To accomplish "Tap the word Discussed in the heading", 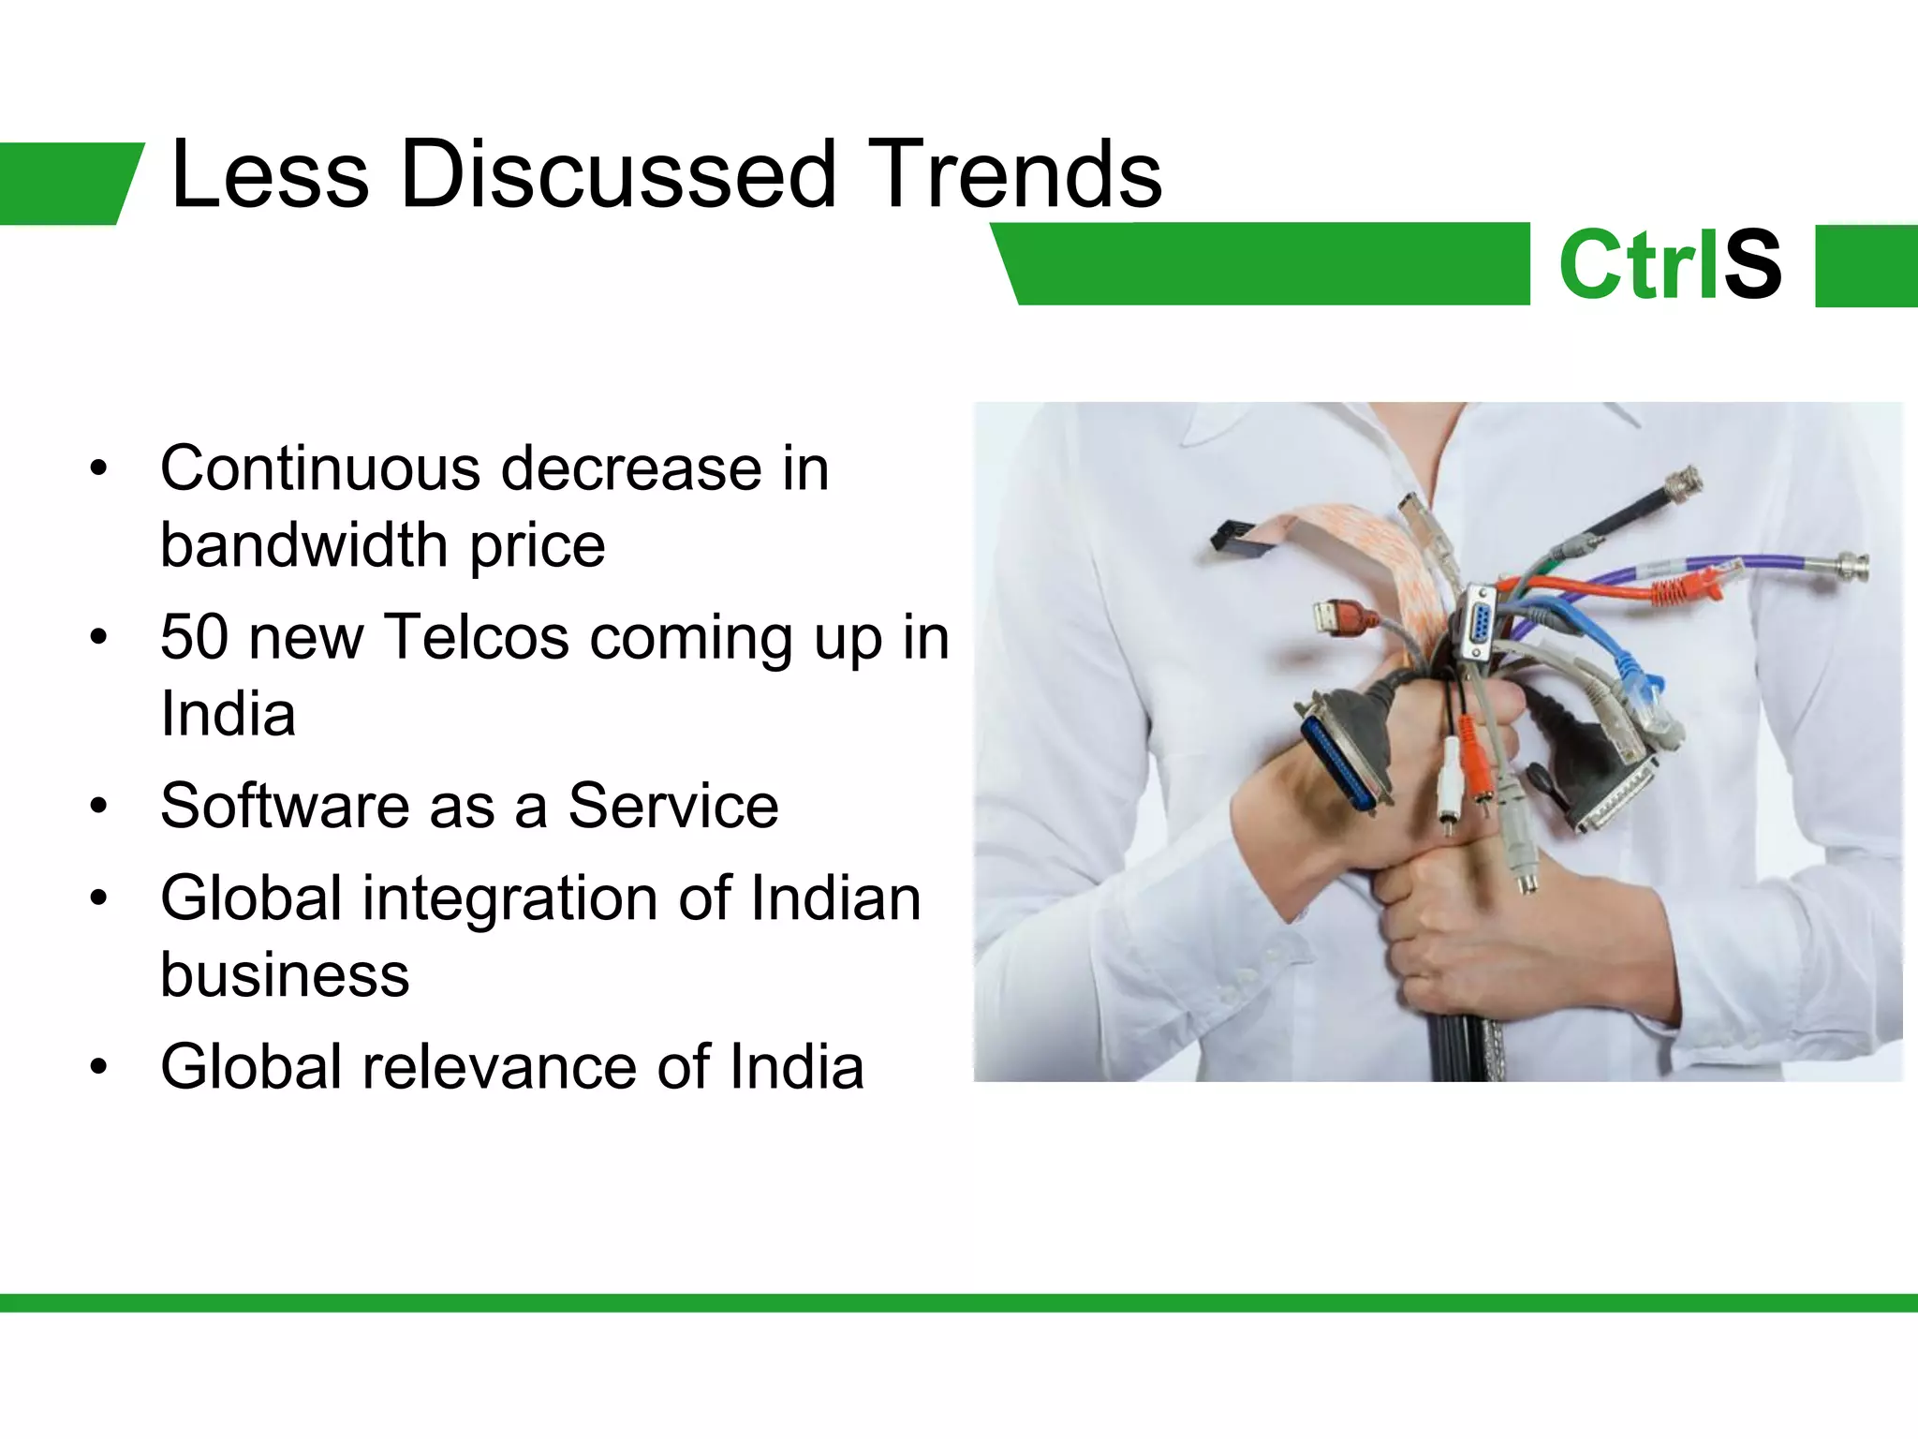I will tap(617, 174).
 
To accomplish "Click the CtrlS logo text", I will tap(1669, 265).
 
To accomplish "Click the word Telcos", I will tap(477, 637).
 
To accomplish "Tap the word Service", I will tap(673, 806).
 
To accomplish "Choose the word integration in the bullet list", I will tap(510, 898).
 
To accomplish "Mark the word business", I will tap(285, 974).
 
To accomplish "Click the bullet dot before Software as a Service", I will tap(99, 806).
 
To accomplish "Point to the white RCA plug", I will tap(1448, 778).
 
